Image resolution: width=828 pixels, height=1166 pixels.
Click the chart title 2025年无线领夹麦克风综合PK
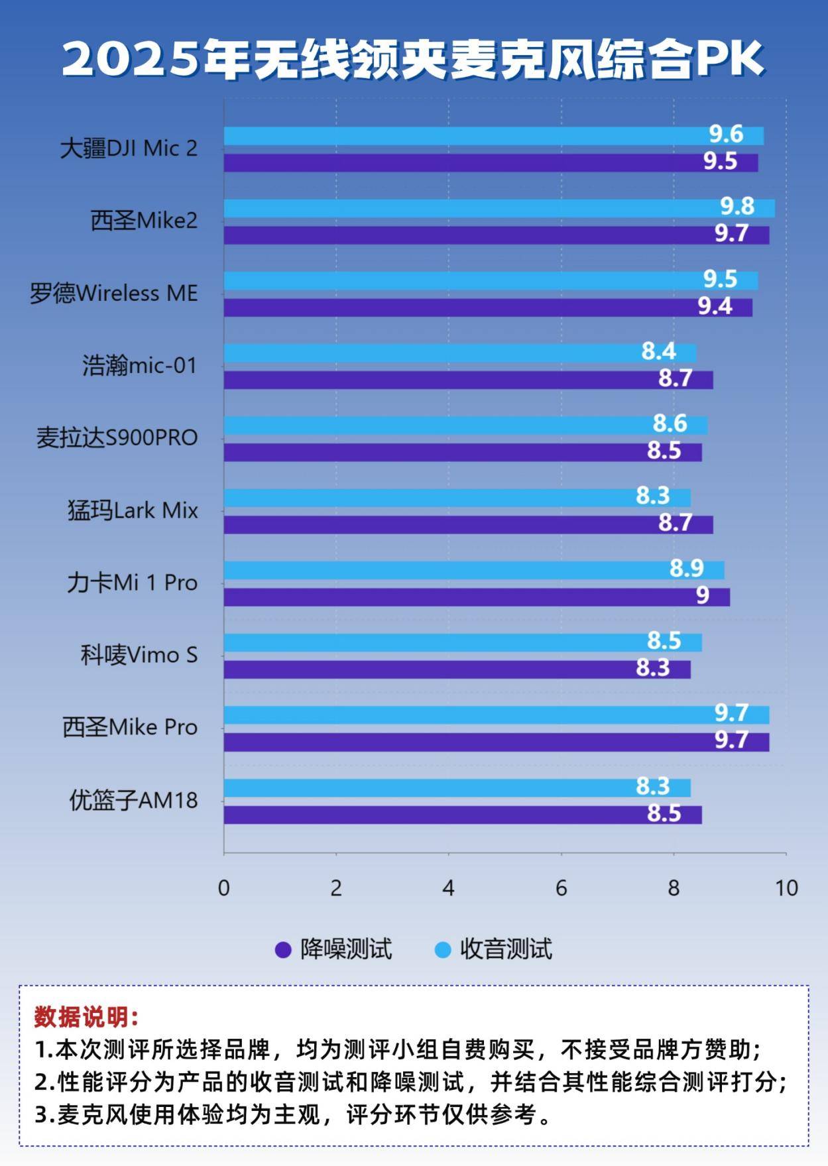(x=414, y=59)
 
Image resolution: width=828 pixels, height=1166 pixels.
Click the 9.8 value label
(x=737, y=207)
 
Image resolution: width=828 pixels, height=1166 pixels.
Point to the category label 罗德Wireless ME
(x=113, y=293)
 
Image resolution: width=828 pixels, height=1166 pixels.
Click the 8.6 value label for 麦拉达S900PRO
(x=670, y=424)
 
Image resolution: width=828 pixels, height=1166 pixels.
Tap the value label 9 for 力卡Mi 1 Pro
(x=703, y=595)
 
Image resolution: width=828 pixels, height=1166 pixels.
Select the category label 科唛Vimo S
(x=139, y=655)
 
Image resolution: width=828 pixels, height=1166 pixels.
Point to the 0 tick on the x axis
(x=224, y=888)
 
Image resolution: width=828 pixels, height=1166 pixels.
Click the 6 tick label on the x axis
(x=562, y=888)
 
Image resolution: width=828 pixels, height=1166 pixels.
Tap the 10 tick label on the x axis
(x=786, y=888)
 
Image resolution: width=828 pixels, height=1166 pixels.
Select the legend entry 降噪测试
(x=345, y=949)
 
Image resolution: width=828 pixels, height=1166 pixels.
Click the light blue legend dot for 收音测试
(x=442, y=950)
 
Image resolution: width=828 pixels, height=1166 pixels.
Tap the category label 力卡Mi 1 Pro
(x=132, y=583)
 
